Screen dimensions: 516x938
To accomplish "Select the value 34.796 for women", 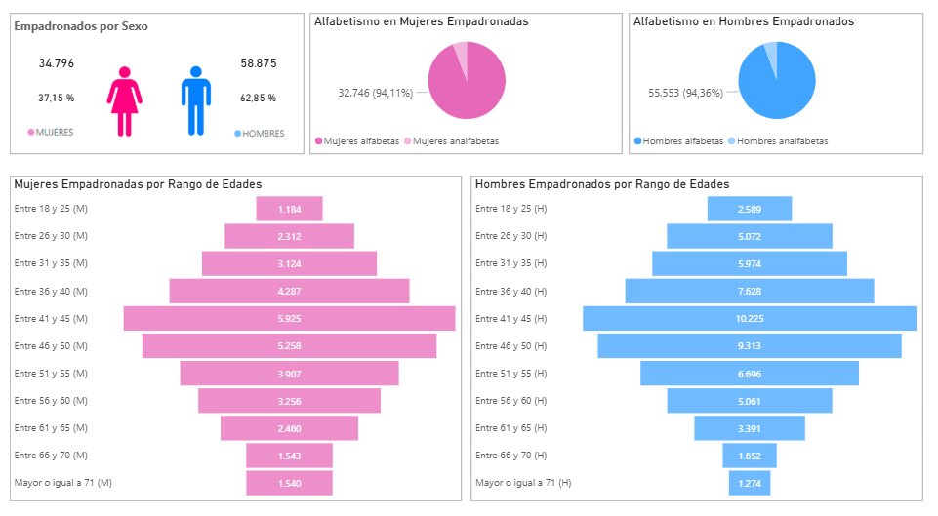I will click(57, 63).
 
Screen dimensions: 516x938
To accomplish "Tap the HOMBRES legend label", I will click(257, 133).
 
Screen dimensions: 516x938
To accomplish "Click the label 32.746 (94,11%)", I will click(375, 93).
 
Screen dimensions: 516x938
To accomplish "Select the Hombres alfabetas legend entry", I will click(678, 141).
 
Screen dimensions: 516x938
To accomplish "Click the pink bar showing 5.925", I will click(289, 319).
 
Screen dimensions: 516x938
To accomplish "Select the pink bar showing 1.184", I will click(289, 210).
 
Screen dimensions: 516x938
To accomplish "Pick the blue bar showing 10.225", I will click(749, 319).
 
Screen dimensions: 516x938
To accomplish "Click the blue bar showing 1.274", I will click(749, 483).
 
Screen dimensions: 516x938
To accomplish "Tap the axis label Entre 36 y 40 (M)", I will click(51, 292).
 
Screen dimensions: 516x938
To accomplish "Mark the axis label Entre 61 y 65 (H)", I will click(510, 428).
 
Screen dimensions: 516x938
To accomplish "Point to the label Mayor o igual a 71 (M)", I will click(63, 483).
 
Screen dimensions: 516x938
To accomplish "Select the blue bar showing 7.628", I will click(749, 292).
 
